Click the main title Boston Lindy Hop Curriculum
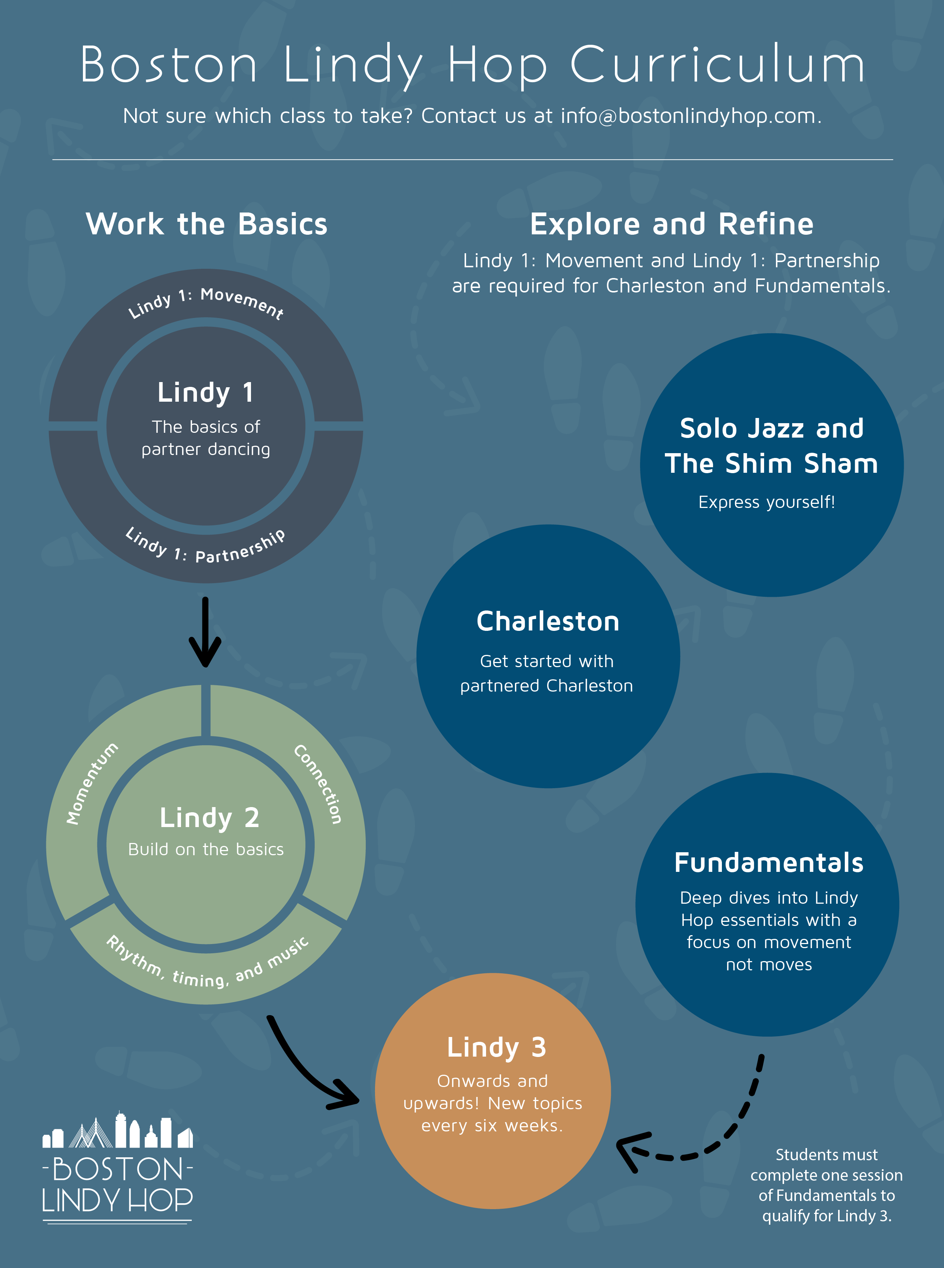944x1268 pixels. point(472,64)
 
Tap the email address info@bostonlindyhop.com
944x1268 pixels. point(690,116)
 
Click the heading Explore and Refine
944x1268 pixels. point(672,224)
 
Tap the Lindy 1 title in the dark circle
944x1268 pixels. point(206,392)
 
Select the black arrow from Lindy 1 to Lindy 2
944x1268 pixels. point(205,632)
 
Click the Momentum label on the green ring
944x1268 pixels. point(91,783)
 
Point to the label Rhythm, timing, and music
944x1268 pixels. point(207,965)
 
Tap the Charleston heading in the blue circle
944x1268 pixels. point(548,622)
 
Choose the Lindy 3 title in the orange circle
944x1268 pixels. point(496,1047)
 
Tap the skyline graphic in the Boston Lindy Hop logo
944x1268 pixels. point(118,1131)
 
